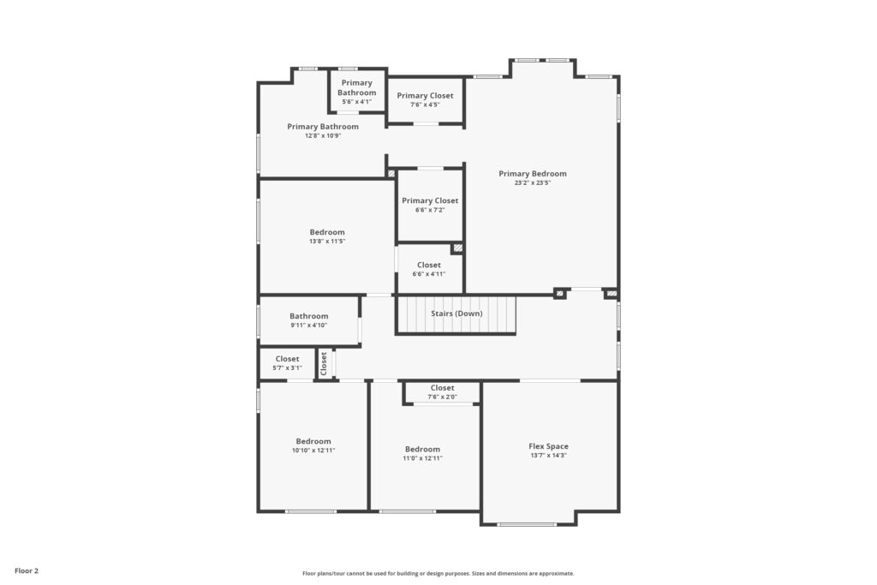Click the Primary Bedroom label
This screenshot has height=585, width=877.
point(533,173)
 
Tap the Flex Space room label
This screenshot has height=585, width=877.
point(548,446)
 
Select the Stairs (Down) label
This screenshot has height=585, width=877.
point(456,313)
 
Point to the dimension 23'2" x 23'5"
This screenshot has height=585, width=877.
point(533,183)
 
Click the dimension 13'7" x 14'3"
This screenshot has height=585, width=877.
point(548,456)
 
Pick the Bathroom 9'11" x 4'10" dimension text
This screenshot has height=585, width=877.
point(308,325)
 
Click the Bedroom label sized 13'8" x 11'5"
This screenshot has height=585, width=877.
point(327,232)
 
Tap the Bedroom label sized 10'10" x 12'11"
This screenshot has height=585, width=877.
point(313,441)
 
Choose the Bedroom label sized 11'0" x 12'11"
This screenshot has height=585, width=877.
point(422,449)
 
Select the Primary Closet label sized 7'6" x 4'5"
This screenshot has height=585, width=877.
point(425,96)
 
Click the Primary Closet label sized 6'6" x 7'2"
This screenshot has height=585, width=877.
point(430,200)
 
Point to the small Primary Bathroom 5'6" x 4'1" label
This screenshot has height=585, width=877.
point(357,88)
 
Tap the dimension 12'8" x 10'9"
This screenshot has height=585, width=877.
point(323,136)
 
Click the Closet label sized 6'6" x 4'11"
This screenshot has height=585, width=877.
point(429,266)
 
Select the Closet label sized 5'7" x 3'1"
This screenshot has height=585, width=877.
point(287,359)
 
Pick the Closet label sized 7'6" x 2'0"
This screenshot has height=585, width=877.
point(443,388)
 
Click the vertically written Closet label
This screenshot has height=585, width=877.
point(323,363)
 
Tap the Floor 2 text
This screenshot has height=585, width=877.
point(27,571)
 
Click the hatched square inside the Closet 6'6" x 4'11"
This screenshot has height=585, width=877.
point(457,248)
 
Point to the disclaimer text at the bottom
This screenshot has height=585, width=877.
point(438,573)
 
